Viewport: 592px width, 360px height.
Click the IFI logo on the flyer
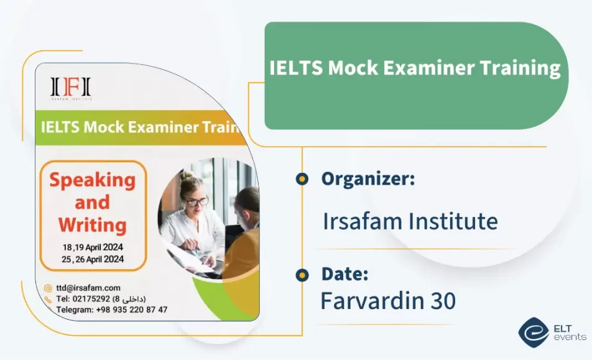point(70,88)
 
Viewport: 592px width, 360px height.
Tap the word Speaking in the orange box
point(92,180)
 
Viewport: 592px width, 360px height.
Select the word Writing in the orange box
point(92,224)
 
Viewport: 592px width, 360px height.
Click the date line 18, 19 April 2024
point(93,246)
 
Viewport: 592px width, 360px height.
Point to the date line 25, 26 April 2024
point(93,259)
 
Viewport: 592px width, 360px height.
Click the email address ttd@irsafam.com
point(88,288)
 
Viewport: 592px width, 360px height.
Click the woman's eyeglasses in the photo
point(194,201)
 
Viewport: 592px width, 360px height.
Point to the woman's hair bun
point(185,176)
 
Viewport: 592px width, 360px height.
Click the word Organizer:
point(368,180)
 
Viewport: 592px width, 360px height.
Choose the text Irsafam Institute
point(410,221)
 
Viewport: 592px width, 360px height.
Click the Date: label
point(345,274)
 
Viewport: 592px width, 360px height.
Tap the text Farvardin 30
point(387,301)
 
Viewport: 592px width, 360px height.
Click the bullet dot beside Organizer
point(302,180)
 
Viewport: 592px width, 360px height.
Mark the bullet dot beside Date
point(302,275)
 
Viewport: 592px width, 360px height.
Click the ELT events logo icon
point(533,332)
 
